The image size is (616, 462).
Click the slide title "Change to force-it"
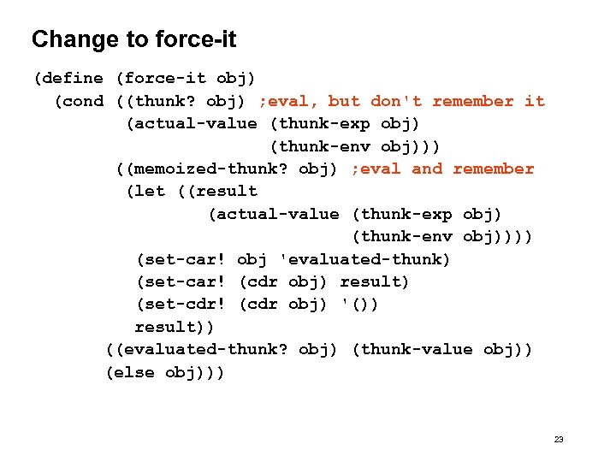coord(133,39)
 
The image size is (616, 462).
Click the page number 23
coord(559,439)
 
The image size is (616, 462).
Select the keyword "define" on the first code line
coord(71,79)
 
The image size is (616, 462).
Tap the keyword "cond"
coord(82,101)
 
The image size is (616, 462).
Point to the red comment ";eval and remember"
coord(442,169)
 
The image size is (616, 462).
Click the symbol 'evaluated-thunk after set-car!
coord(365,259)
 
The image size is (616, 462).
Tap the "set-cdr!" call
coord(182,305)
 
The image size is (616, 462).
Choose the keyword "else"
coord(134,372)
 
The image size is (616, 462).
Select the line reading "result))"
coord(175,327)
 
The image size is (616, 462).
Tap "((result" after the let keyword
coord(218,191)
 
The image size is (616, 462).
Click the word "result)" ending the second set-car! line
coord(375,281)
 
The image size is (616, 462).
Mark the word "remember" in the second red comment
coord(494,169)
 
